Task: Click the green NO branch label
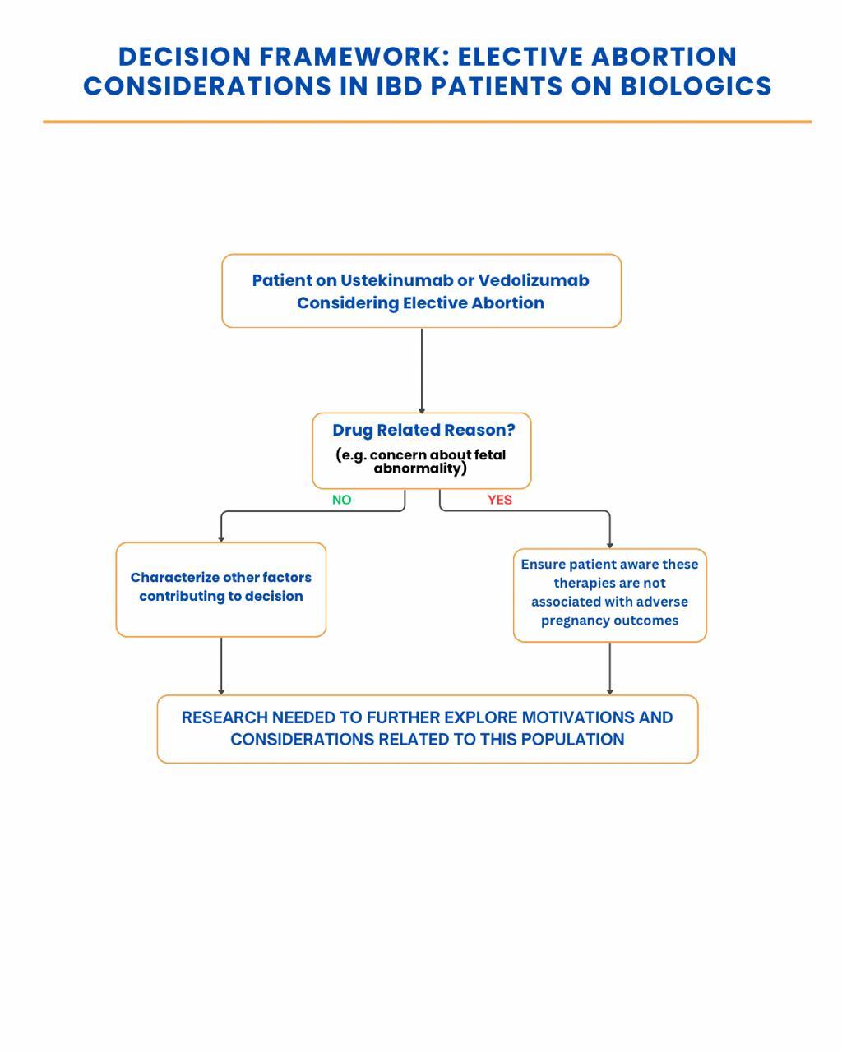point(341,500)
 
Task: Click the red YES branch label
point(499,500)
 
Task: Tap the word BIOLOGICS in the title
point(696,86)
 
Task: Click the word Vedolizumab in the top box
point(534,280)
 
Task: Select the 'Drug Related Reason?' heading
point(423,430)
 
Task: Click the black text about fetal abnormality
point(421,461)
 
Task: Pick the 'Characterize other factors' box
point(221,589)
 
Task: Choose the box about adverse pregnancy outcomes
point(609,595)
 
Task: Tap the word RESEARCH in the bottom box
point(224,717)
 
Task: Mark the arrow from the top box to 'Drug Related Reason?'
point(422,371)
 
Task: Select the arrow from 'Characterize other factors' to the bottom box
point(221,666)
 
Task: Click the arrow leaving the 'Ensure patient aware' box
point(609,668)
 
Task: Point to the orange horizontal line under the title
point(427,122)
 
